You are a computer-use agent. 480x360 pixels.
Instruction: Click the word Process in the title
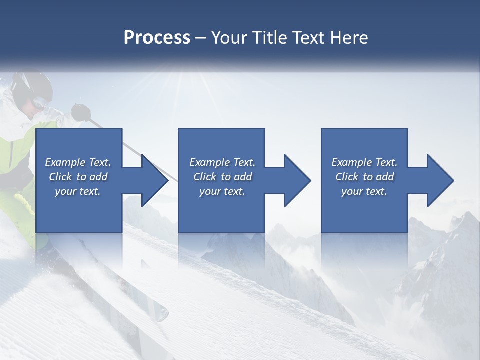157,38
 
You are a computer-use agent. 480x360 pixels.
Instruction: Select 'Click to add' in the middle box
222,177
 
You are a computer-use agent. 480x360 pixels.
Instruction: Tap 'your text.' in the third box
364,191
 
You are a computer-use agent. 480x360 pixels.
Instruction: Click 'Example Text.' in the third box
364,162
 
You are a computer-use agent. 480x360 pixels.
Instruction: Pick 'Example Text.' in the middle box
222,162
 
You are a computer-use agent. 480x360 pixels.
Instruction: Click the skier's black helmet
33,85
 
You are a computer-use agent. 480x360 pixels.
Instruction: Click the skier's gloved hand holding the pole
80,112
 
